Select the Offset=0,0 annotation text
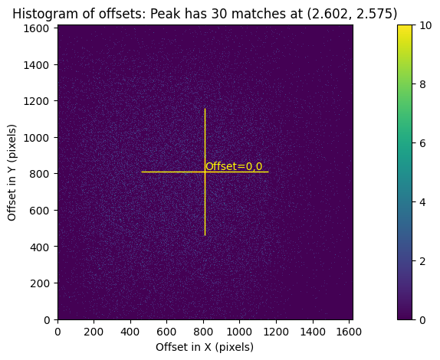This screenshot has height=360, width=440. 234,166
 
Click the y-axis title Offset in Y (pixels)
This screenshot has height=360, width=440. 12,172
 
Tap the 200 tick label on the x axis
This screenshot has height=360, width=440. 94,331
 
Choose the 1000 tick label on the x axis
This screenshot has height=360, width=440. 239,331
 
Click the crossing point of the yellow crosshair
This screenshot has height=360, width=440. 205,172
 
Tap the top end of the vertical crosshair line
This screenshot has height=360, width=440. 205,109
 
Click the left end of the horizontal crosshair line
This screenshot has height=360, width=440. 142,172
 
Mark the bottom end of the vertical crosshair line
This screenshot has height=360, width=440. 205,235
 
